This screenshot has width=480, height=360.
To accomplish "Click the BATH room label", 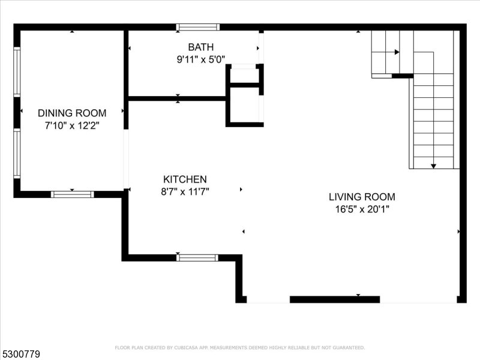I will (x=200, y=47).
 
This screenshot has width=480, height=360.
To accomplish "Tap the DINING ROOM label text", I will (x=72, y=113).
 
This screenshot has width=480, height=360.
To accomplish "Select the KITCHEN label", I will (x=185, y=179).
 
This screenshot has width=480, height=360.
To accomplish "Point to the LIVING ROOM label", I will (x=362, y=197).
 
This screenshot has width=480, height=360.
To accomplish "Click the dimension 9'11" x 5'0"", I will (x=200, y=59).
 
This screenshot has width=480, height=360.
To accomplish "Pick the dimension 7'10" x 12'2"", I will (x=72, y=125).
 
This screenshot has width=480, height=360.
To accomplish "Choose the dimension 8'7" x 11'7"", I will (x=185, y=192).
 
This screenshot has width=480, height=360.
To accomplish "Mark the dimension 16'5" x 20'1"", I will (x=362, y=209).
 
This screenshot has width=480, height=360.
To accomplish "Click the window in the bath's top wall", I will (x=197, y=27).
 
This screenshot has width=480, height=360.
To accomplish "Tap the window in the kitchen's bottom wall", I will (x=197, y=257).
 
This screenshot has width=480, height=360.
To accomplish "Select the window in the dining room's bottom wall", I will (x=72, y=194).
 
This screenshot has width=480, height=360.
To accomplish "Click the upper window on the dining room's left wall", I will (x=17, y=72).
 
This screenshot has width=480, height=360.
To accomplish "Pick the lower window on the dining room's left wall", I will (x=17, y=153).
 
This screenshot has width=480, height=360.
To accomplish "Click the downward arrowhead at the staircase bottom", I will (x=433, y=166).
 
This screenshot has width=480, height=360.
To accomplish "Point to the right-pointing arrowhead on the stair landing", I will (x=397, y=52).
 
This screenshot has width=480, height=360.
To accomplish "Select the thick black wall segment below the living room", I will (x=334, y=299).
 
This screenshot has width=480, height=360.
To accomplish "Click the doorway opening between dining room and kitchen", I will (x=126, y=159).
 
